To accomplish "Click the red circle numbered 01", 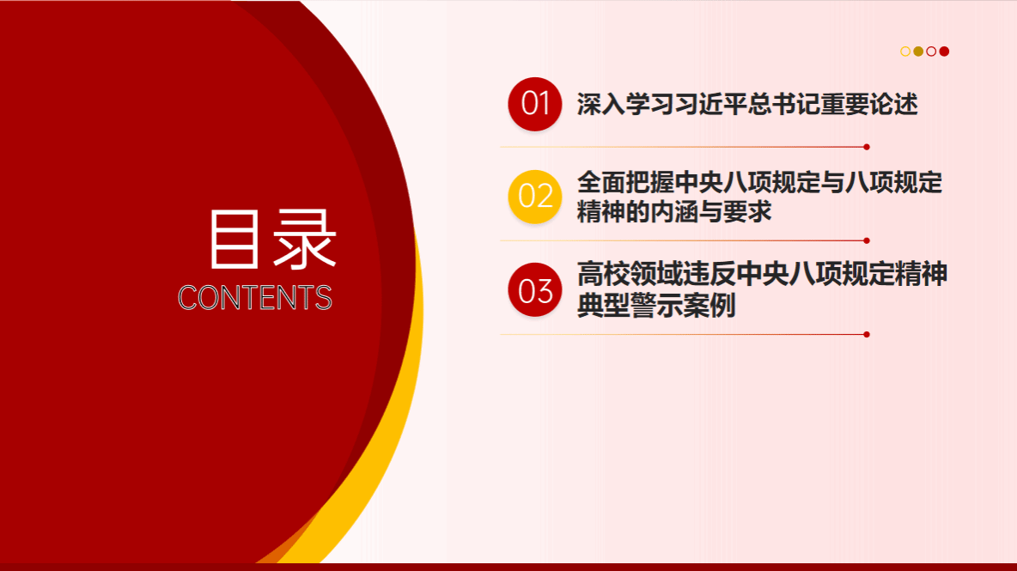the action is (x=534, y=104).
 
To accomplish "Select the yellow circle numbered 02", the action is (x=534, y=197).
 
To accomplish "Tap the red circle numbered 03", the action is (x=534, y=289).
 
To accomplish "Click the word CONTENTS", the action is (x=255, y=297).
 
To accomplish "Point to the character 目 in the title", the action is (x=234, y=239).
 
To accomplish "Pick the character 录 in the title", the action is (x=304, y=239).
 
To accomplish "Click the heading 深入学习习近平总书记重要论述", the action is (x=747, y=105).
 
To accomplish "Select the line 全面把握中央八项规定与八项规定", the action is (x=759, y=183).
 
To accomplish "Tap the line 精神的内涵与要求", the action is (x=674, y=212).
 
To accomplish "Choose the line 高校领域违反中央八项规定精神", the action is (x=762, y=274).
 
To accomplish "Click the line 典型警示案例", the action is (x=655, y=306).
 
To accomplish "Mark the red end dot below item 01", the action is (x=867, y=147).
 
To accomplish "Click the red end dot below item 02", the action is (x=867, y=240).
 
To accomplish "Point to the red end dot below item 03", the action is (x=867, y=334).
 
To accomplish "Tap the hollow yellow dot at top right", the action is (x=905, y=52).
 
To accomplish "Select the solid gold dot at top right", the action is (x=918, y=52).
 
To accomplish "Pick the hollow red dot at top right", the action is (x=931, y=52).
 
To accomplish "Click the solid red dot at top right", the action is (x=944, y=52).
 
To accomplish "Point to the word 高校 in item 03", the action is (x=602, y=274).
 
